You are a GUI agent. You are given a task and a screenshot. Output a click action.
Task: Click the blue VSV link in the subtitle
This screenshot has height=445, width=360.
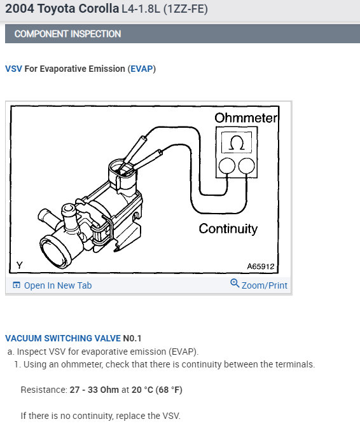(x=13, y=69)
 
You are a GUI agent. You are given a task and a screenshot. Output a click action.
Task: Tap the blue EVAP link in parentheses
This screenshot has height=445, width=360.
(x=142, y=69)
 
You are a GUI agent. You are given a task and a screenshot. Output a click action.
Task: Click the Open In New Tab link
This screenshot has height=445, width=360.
(x=58, y=285)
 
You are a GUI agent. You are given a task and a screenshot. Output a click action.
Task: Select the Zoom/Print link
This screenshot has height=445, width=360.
(x=265, y=285)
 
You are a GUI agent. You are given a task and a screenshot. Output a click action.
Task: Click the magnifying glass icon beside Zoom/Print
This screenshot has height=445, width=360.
(x=235, y=284)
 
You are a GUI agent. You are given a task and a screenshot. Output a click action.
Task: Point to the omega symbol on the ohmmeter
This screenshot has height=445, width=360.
(x=237, y=143)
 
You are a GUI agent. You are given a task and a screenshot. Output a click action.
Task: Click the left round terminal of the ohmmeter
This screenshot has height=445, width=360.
(x=227, y=166)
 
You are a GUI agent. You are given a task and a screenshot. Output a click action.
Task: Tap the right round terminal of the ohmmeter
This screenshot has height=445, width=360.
(x=246, y=166)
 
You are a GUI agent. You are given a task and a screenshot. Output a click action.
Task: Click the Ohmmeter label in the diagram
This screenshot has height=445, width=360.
(x=246, y=118)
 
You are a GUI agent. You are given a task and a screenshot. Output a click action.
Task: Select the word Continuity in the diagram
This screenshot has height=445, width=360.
(x=228, y=229)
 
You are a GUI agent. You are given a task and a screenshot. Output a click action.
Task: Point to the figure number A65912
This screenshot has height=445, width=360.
(x=260, y=266)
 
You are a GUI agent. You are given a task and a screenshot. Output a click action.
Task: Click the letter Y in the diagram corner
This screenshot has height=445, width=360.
(x=19, y=265)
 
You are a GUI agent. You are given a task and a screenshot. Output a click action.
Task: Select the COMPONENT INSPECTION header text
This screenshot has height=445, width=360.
(x=67, y=34)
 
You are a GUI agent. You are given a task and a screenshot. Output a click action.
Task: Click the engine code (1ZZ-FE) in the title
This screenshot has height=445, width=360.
(x=185, y=9)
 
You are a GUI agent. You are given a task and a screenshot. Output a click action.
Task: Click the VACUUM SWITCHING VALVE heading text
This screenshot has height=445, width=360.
(x=63, y=338)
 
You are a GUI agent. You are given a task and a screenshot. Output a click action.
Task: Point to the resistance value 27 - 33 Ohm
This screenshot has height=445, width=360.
(x=94, y=390)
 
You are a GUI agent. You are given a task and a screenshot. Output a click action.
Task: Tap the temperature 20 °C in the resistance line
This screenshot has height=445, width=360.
(x=142, y=390)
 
